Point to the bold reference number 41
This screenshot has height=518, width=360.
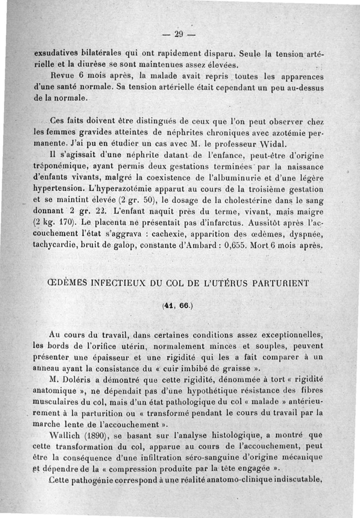pyautogui.click(x=170, y=305)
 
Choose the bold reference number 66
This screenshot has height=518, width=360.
pyautogui.click(x=184, y=305)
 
